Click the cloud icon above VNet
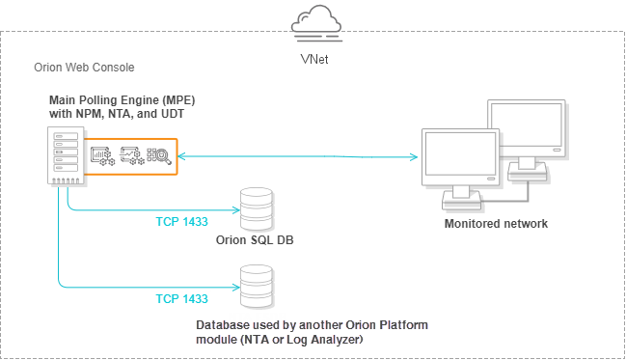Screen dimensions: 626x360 click(x=316, y=23)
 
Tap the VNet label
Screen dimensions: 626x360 click(x=314, y=59)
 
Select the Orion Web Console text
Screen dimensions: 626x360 click(x=84, y=68)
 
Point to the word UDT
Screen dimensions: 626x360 click(x=173, y=114)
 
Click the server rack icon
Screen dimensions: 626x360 click(x=66, y=155)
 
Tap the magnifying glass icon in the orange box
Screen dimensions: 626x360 click(x=159, y=156)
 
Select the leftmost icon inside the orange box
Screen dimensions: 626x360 click(x=102, y=156)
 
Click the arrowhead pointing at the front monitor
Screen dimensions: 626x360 click(x=414, y=157)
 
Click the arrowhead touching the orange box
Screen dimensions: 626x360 click(x=181, y=156)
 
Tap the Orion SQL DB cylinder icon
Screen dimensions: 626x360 click(x=257, y=209)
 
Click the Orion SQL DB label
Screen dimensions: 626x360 click(x=255, y=240)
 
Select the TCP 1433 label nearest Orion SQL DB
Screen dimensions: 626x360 click(x=181, y=222)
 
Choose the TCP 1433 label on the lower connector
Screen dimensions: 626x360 click(x=181, y=299)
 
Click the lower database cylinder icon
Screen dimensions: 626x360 click(x=257, y=286)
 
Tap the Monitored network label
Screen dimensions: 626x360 click(x=496, y=224)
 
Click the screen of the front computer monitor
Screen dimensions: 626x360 click(x=460, y=153)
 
